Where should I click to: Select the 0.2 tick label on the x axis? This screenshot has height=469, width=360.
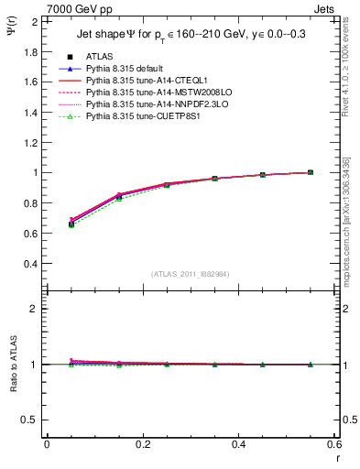tap(142, 444)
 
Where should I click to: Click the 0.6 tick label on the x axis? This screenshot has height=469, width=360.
tap(333, 444)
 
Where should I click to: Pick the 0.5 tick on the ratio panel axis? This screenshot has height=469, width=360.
tap(34, 420)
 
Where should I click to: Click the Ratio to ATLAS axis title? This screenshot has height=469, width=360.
tap(12, 364)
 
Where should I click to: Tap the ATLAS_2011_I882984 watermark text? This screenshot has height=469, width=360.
tap(190, 274)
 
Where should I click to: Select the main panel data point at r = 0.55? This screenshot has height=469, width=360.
tap(310, 172)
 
